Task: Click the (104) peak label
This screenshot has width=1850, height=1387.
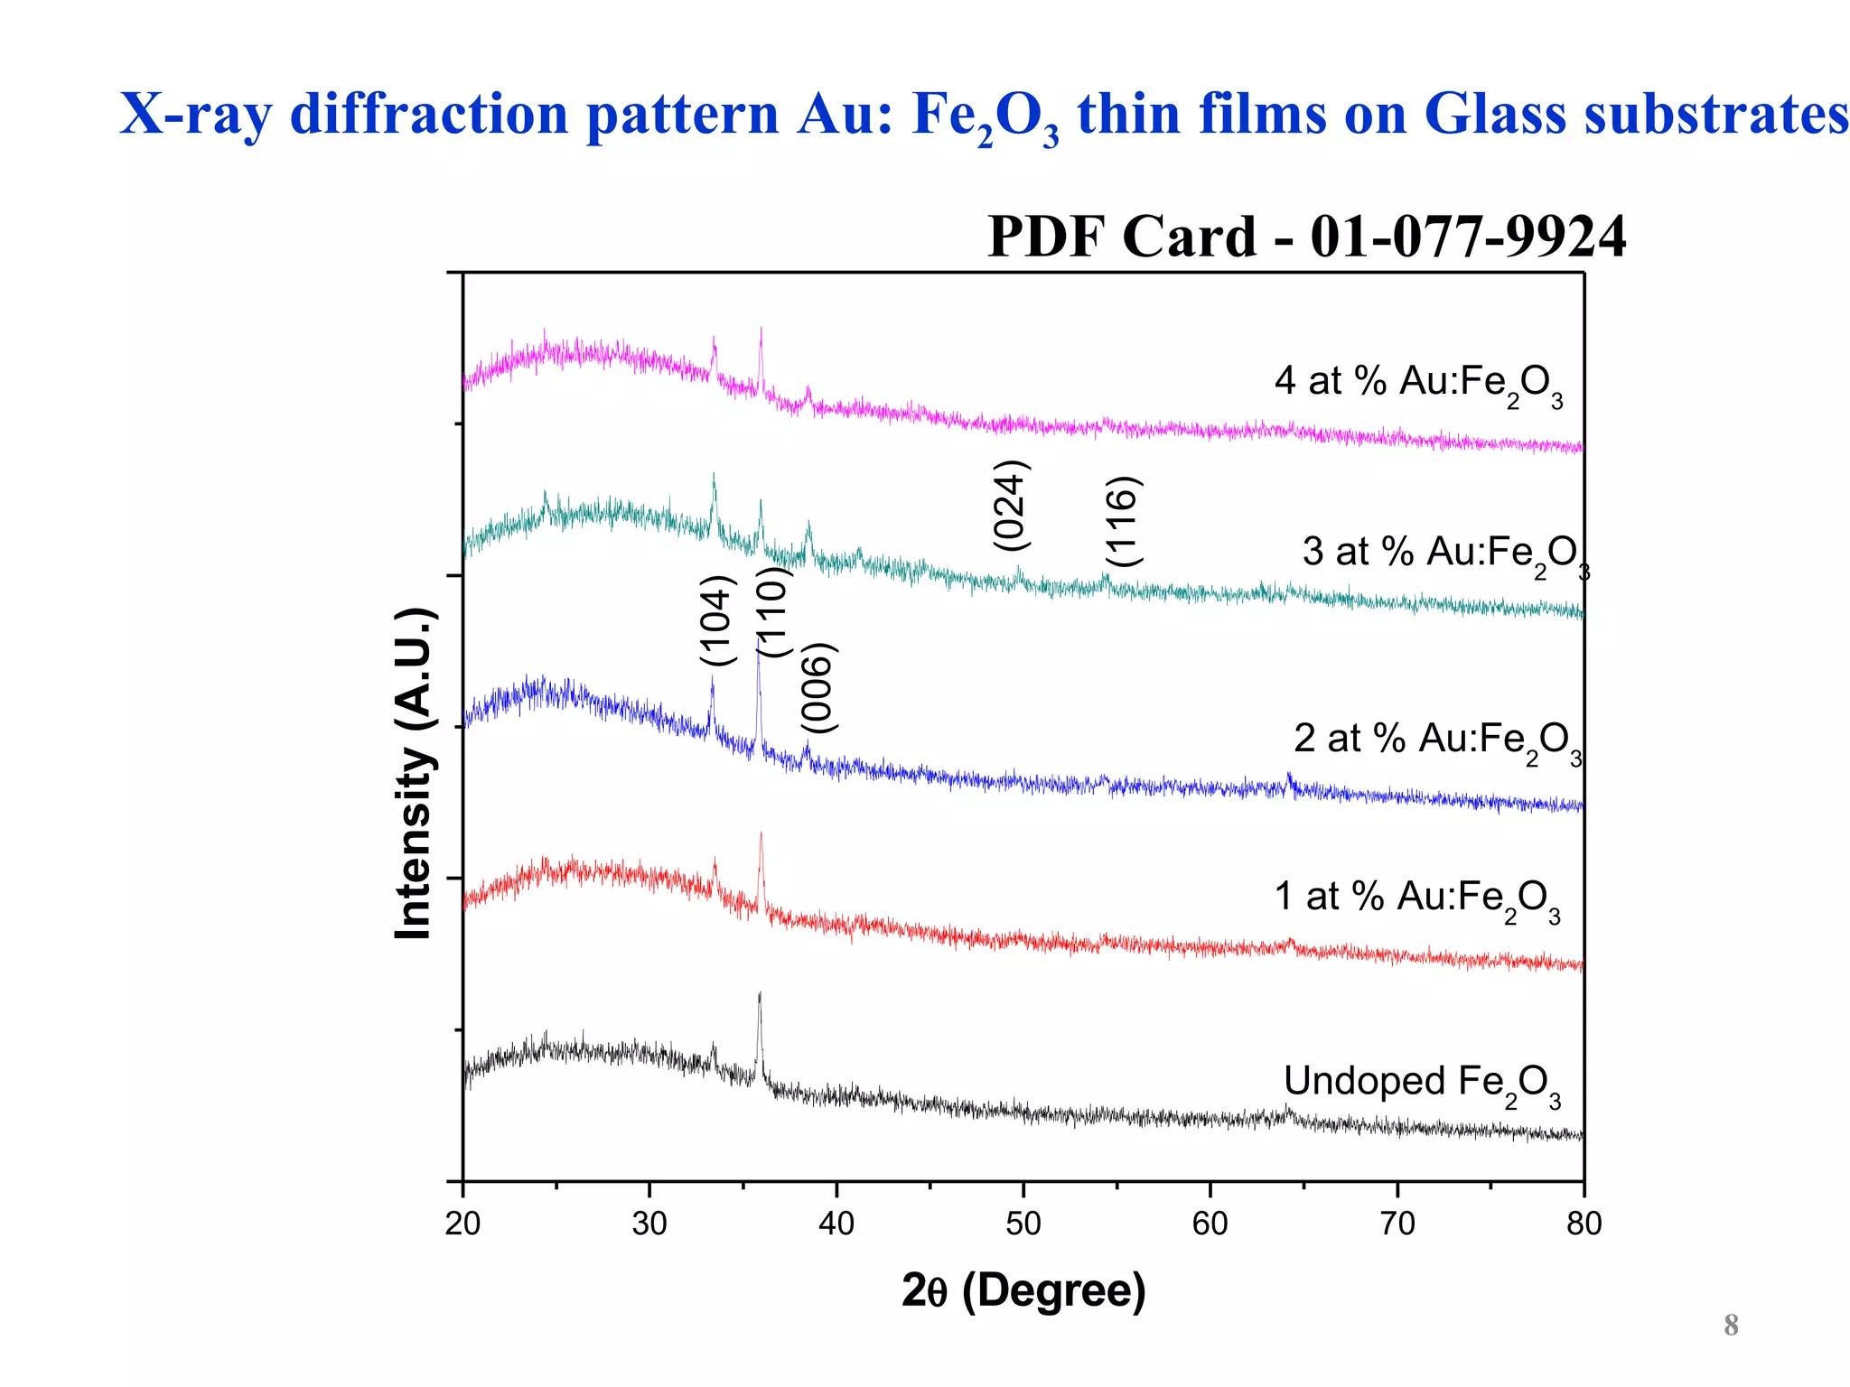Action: [x=718, y=620]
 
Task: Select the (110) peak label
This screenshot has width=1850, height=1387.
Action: [x=774, y=612]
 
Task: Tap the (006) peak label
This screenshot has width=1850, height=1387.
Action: [x=820, y=688]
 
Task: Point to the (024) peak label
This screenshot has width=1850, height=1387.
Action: [x=1011, y=505]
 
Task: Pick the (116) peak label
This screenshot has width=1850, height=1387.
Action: [x=1124, y=521]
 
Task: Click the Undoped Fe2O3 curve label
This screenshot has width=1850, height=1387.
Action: [x=1421, y=1084]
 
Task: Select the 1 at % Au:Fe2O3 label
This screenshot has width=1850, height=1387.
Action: [x=1416, y=898]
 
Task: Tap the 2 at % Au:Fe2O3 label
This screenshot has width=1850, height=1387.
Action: [x=1436, y=740]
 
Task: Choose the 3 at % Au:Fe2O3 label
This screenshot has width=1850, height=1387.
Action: [x=1444, y=554]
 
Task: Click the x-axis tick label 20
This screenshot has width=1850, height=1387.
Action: [x=462, y=1224]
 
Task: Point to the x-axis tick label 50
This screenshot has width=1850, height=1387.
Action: [x=1023, y=1224]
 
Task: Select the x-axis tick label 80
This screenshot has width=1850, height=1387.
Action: [x=1584, y=1224]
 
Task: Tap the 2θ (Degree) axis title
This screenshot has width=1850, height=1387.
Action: [x=1023, y=1290]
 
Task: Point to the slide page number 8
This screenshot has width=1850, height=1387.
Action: [x=1731, y=1325]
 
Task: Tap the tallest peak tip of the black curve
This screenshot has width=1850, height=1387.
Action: [x=760, y=993]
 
